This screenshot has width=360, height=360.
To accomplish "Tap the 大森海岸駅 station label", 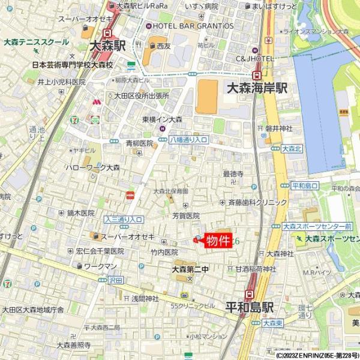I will [x=256, y=88].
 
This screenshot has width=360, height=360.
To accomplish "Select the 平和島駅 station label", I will [x=249, y=307].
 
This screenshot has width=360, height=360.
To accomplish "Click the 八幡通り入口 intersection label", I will [x=188, y=139].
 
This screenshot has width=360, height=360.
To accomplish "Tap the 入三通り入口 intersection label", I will [x=123, y=219].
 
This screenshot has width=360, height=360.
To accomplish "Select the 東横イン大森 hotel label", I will [x=162, y=119].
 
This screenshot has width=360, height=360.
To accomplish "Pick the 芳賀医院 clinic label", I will [x=185, y=215].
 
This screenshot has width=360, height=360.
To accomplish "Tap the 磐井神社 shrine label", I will [x=278, y=128].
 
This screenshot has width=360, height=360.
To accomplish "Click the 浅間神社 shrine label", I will [x=145, y=298].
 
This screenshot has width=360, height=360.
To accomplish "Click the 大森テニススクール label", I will [x=36, y=43].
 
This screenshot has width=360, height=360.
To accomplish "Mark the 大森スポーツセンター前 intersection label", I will [x=317, y=227].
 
